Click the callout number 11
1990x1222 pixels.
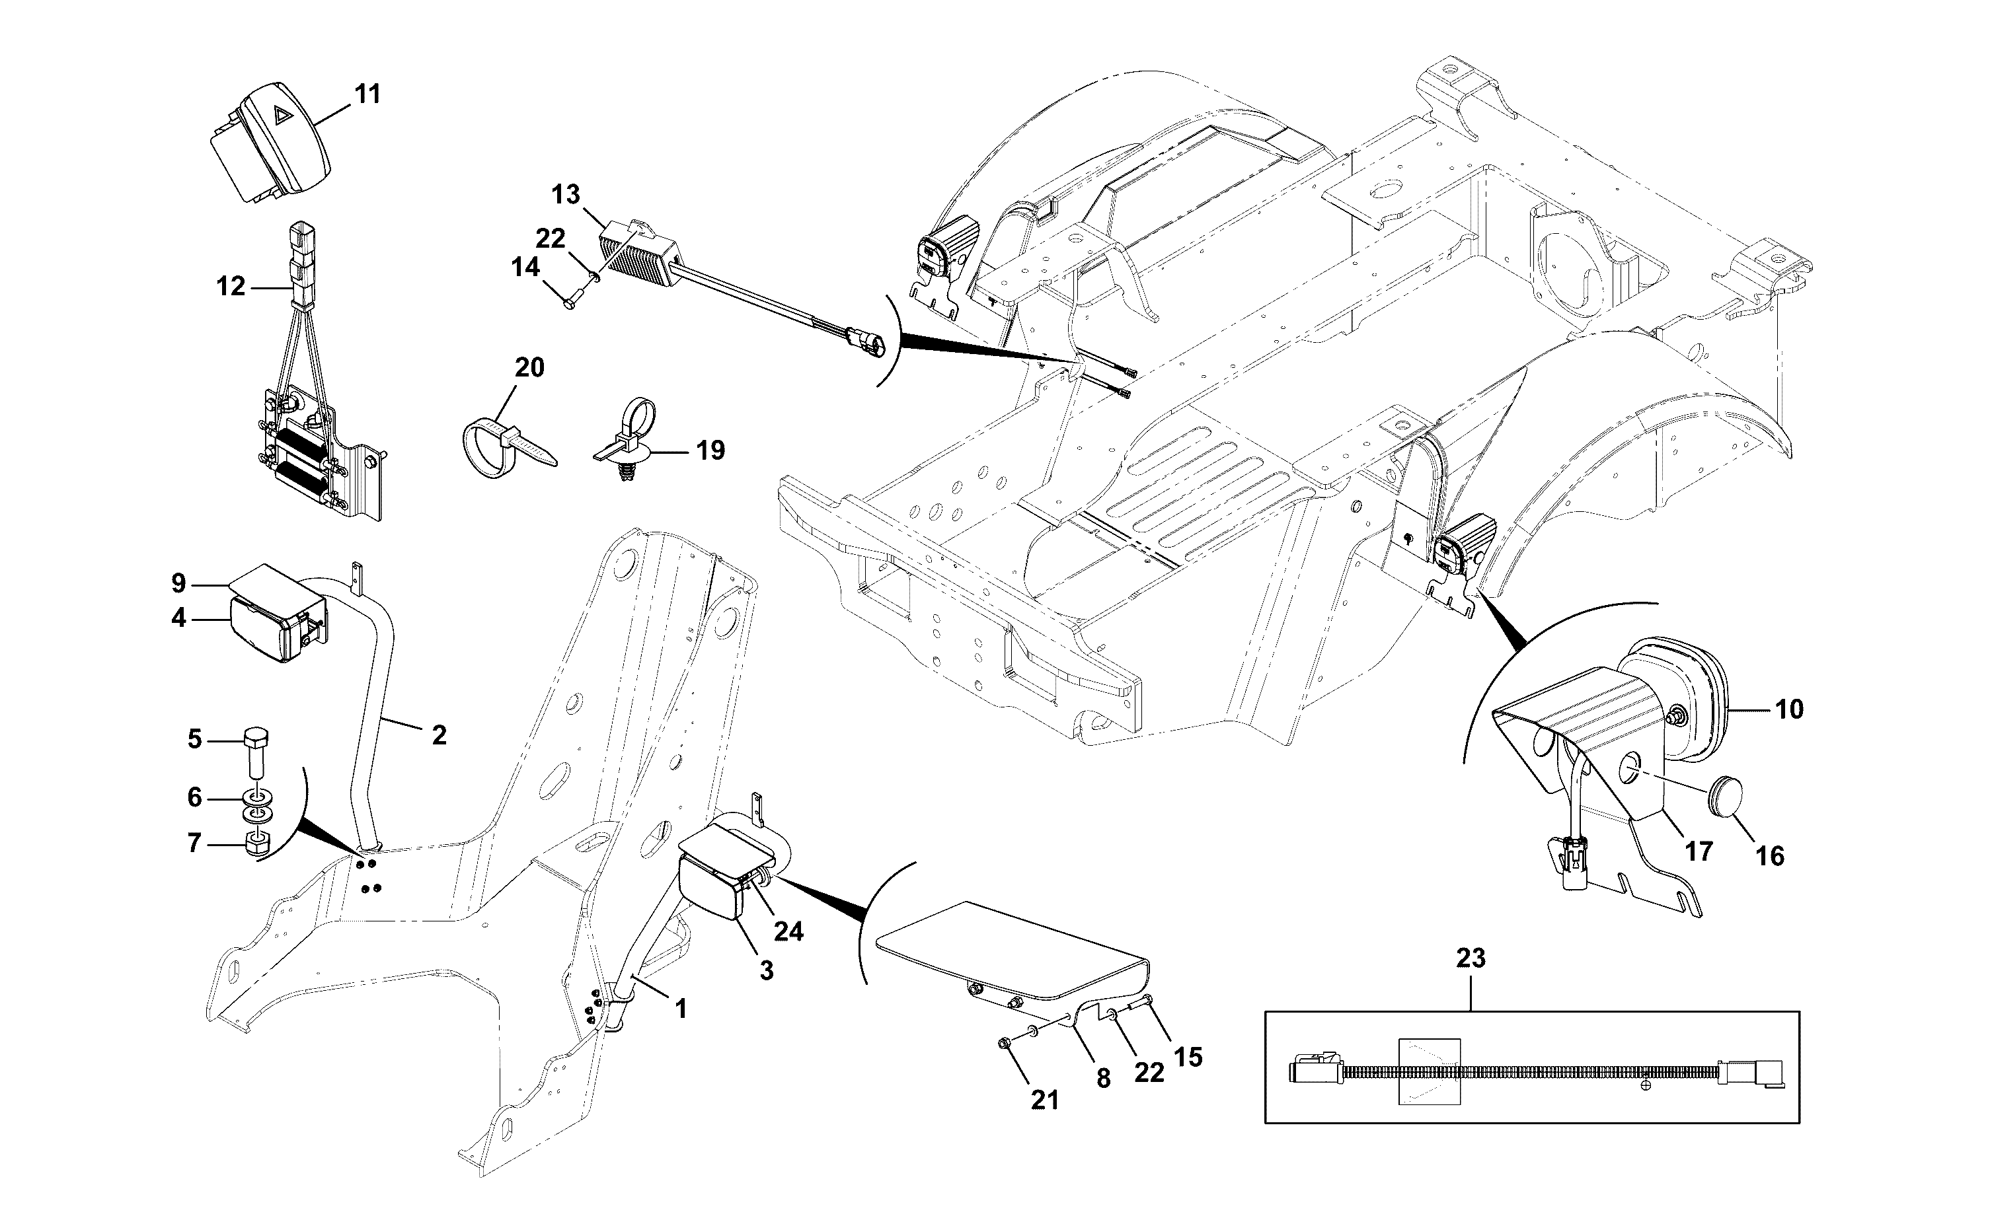pos(367,94)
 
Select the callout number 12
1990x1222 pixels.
pos(231,286)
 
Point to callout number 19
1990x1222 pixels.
pos(710,450)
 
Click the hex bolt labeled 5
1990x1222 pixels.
pos(256,752)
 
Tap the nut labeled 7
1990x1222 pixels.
pos(257,846)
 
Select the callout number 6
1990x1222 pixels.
pos(194,798)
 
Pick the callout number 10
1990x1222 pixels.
pos(1790,709)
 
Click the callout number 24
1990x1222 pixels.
pos(788,932)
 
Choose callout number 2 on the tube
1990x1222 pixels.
pos(439,735)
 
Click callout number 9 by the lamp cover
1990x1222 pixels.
pos(178,583)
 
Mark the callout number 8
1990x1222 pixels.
pos(1104,1078)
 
